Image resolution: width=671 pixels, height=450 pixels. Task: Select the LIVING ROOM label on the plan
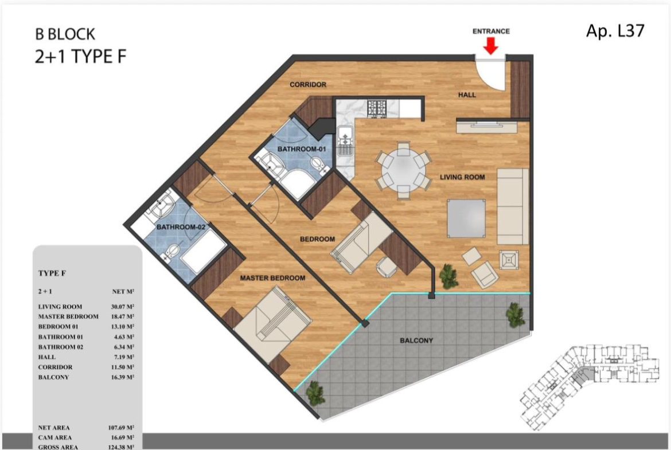pos(462,177)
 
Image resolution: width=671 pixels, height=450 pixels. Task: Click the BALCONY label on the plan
pos(416,341)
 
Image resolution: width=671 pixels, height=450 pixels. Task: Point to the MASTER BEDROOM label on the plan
pos(272,278)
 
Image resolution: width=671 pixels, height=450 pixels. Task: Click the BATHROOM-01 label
pos(302,149)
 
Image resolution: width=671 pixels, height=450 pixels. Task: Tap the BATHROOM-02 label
pos(181,226)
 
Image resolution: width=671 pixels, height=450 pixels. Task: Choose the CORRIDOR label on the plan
pos(308,85)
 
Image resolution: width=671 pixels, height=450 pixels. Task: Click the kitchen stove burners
pos(377,108)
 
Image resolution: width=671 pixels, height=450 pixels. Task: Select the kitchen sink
pos(345,140)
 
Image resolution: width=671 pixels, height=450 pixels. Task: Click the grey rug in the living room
pos(466,218)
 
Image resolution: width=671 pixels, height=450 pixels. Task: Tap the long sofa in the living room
pos(513,206)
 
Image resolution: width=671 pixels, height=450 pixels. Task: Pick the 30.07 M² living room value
pos(122,307)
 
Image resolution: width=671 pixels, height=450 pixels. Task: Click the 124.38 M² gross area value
pos(121,447)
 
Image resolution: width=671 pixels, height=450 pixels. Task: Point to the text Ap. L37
pos(615,30)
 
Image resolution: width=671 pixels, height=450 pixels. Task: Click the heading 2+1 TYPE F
pos(81,56)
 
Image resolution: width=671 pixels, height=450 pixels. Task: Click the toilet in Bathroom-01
pos(318,165)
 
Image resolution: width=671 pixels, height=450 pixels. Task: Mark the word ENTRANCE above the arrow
pos(491,31)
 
